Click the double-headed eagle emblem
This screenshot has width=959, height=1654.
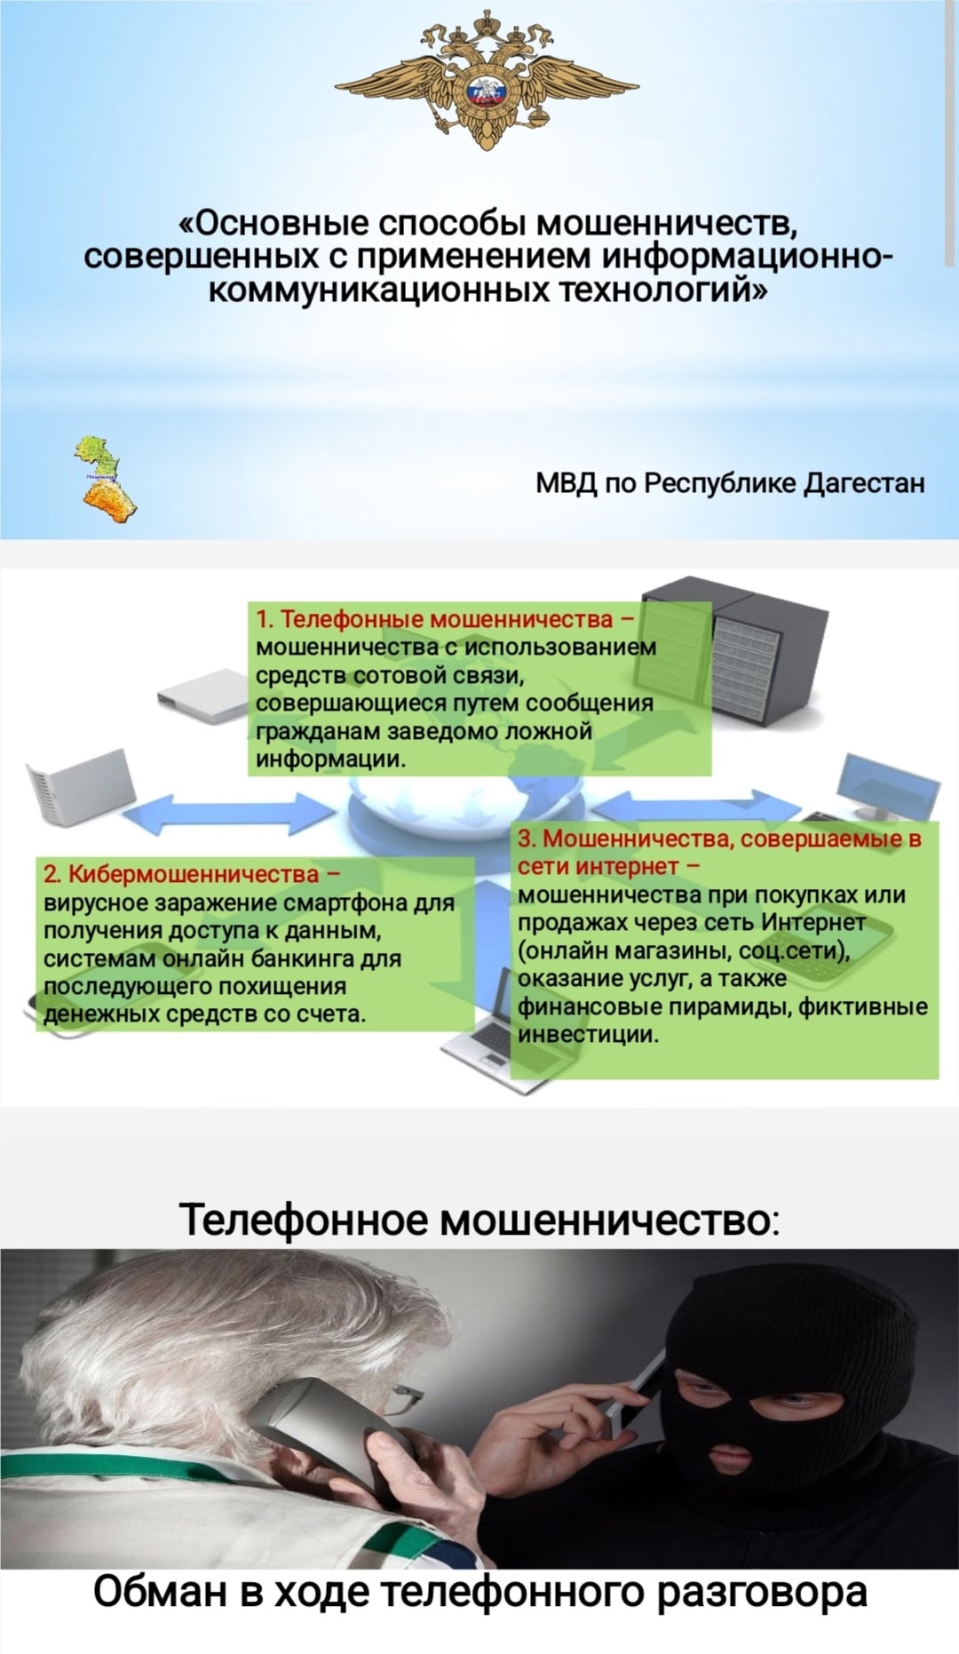[x=487, y=80]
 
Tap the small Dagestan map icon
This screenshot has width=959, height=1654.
[x=106, y=480]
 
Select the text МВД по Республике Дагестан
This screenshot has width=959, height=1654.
[x=730, y=483]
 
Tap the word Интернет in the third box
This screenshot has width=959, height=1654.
[x=813, y=922]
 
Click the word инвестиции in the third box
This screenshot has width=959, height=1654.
[x=588, y=1034]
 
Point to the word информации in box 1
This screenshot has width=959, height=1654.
[x=330, y=759]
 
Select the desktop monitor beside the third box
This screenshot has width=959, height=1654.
[x=887, y=785]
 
